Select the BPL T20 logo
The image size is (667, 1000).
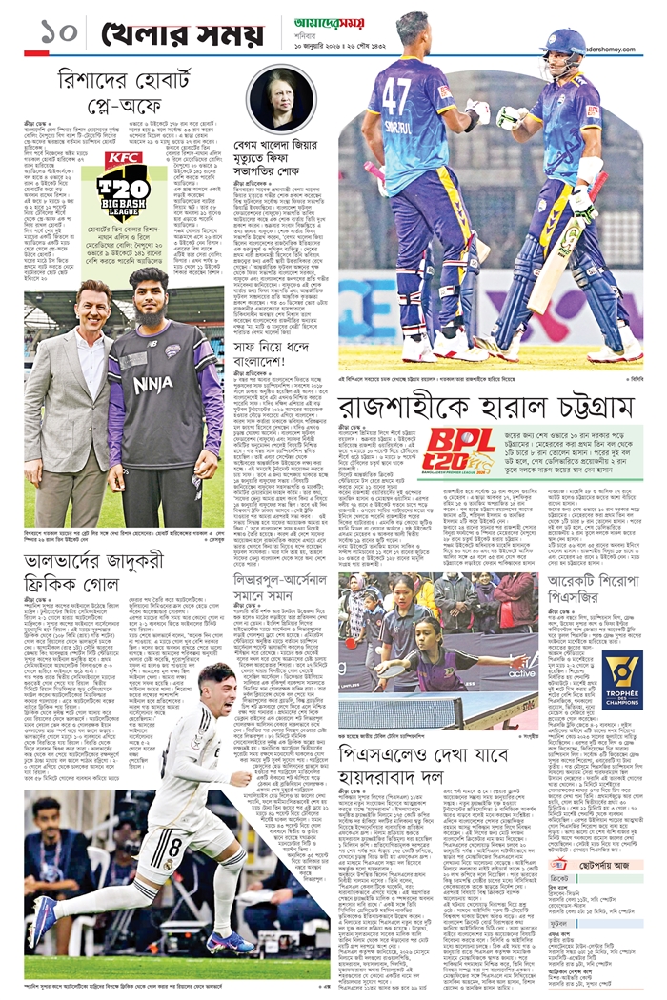(x=459, y=451)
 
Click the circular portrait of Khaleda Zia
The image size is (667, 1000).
(x=282, y=100)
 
